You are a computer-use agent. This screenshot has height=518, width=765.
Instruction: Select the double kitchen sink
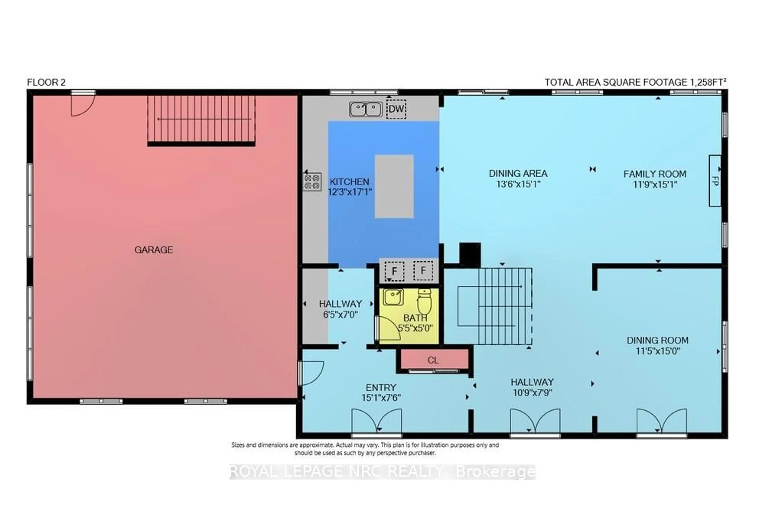tap(366, 109)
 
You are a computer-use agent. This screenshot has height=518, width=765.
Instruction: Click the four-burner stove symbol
tap(312, 182)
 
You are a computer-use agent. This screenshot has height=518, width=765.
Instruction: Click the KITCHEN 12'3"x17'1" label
tap(350, 187)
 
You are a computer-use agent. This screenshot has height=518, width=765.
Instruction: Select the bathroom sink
tap(393, 297)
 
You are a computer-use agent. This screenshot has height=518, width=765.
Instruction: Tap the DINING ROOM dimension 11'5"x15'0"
tap(658, 351)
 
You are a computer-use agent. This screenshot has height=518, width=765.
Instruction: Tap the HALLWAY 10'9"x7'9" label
tap(532, 387)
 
